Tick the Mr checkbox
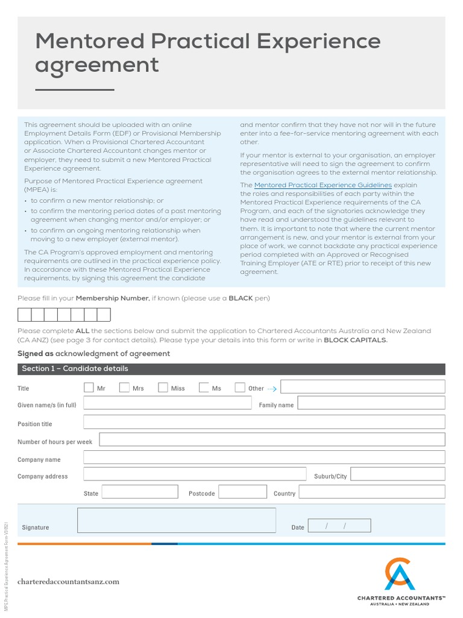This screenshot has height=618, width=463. point(89,387)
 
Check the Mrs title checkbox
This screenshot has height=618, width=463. point(125,387)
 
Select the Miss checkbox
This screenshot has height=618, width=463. point(163,387)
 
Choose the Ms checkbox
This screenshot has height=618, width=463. point(204,387)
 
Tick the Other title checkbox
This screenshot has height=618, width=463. point(240,387)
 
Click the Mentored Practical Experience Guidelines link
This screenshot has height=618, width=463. point(323,185)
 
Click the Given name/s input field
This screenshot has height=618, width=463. point(168,404)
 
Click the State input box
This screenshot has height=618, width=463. point(139,492)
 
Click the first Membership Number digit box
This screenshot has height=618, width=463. point(24,314)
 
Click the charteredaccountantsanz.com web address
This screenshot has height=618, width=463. point(68,582)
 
